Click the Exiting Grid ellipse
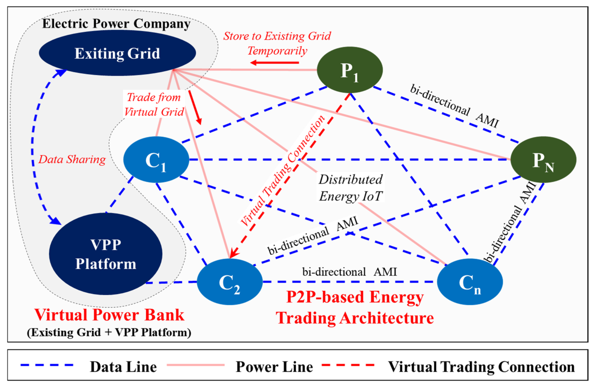click(x=117, y=53)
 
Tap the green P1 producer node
click(x=349, y=70)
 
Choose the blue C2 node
click(x=229, y=282)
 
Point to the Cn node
click(x=470, y=282)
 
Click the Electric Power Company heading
click(x=116, y=24)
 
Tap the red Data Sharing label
click(x=72, y=159)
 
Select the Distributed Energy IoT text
click(x=351, y=188)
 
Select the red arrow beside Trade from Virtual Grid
click(x=195, y=107)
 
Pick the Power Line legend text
click(x=274, y=367)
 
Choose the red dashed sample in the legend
click(x=348, y=365)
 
